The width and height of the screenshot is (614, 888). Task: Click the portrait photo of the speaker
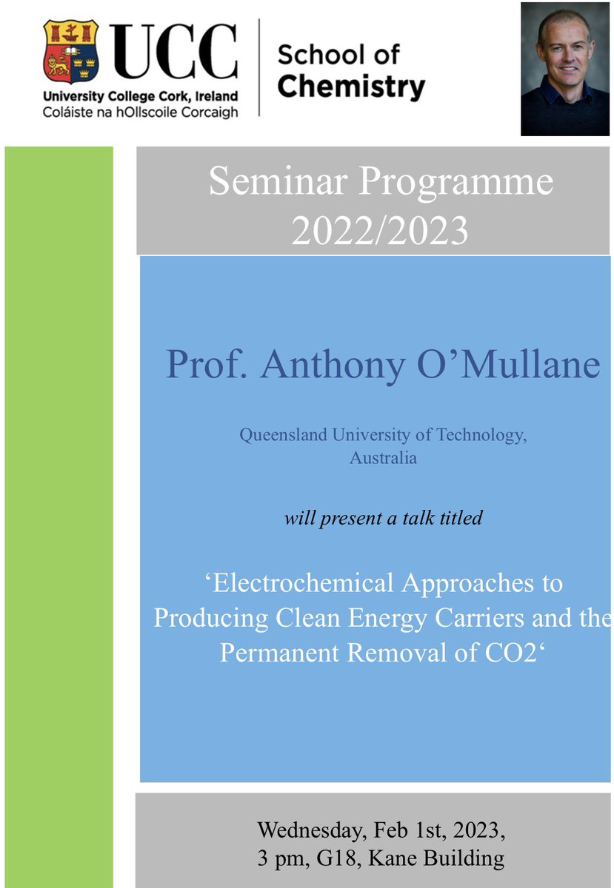point(565,69)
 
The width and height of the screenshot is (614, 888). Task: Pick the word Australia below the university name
point(383,458)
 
